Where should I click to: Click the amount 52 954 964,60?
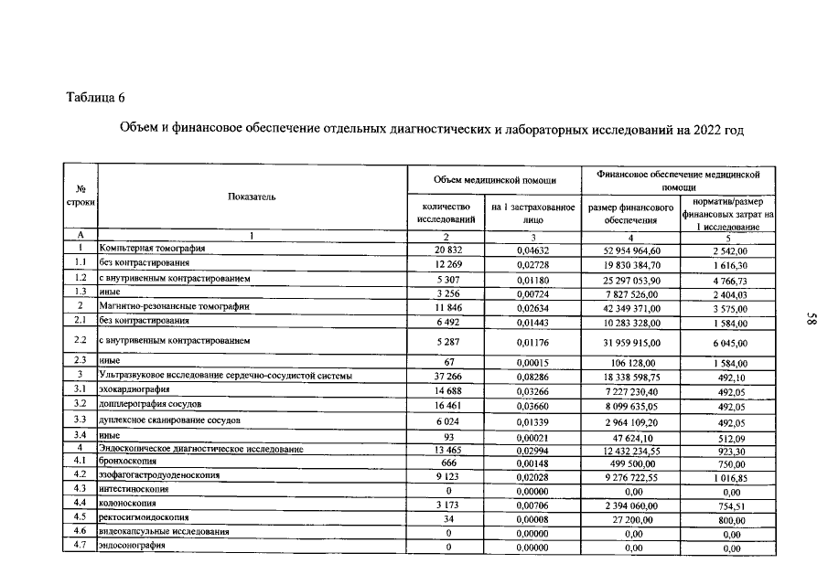631,249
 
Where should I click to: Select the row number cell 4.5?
80,518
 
